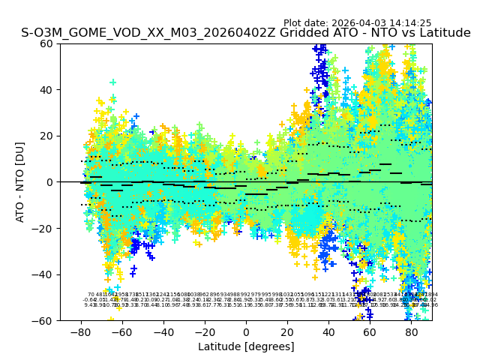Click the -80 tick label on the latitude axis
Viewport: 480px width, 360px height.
click(81, 332)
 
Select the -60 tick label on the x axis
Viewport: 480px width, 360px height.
click(122, 332)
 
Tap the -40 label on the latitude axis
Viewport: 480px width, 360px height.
click(163, 332)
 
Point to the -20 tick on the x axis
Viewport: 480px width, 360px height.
click(205, 332)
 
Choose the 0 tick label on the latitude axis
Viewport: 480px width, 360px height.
click(246, 332)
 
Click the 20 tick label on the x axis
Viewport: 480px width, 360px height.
click(287, 332)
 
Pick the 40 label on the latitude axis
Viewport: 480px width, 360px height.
click(328, 332)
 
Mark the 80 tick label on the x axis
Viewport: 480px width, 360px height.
click(411, 332)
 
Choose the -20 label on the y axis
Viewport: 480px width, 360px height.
click(45, 228)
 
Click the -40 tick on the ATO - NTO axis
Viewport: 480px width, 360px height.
click(45, 274)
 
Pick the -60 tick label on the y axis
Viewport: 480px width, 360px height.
click(45, 320)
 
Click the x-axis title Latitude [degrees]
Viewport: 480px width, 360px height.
click(246, 346)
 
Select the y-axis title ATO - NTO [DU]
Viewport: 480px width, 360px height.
click(20, 182)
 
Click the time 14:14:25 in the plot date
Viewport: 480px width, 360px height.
click(409, 23)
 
